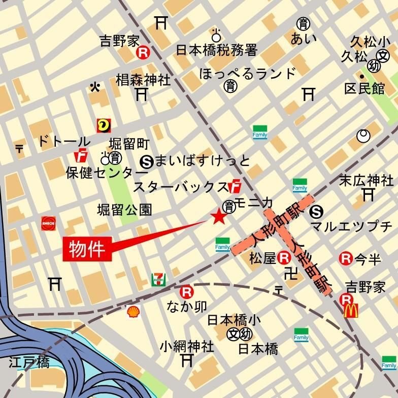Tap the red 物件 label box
[x=87, y=249]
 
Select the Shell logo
[x=133, y=311]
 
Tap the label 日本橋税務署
[x=217, y=50]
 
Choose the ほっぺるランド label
[x=248, y=74]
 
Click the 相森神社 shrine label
[x=143, y=80]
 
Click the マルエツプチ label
[x=351, y=226]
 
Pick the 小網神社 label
[x=187, y=347]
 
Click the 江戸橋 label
[x=29, y=363]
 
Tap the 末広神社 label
[x=366, y=180]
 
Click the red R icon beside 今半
[x=346, y=259]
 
